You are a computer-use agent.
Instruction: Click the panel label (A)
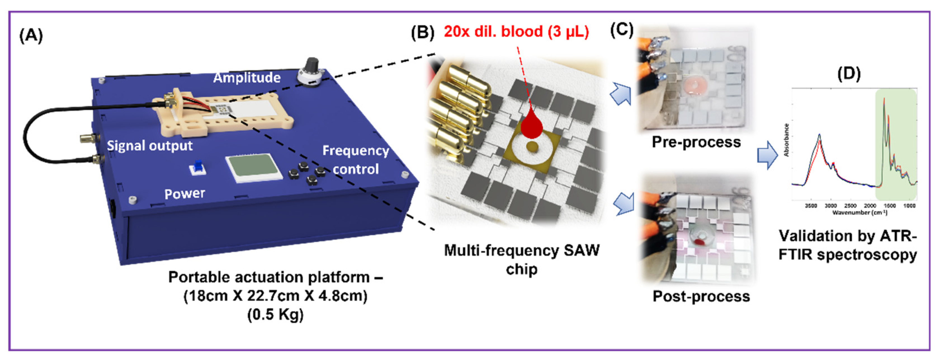[31, 36]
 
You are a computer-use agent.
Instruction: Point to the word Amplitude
[247, 77]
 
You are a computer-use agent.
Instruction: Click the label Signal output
[149, 146]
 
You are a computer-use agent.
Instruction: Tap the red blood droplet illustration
[532, 125]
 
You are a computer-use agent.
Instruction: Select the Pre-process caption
[696, 142]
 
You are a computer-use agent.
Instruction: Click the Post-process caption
[701, 296]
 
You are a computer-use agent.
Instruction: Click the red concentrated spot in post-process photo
[698, 241]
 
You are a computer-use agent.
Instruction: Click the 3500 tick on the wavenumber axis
[811, 206]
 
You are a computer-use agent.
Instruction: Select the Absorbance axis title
[786, 140]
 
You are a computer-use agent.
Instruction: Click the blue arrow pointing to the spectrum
[767, 155]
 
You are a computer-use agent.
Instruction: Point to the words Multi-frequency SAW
[521, 250]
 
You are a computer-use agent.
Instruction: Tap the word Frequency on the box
[355, 150]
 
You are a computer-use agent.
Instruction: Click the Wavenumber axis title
[859, 212]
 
